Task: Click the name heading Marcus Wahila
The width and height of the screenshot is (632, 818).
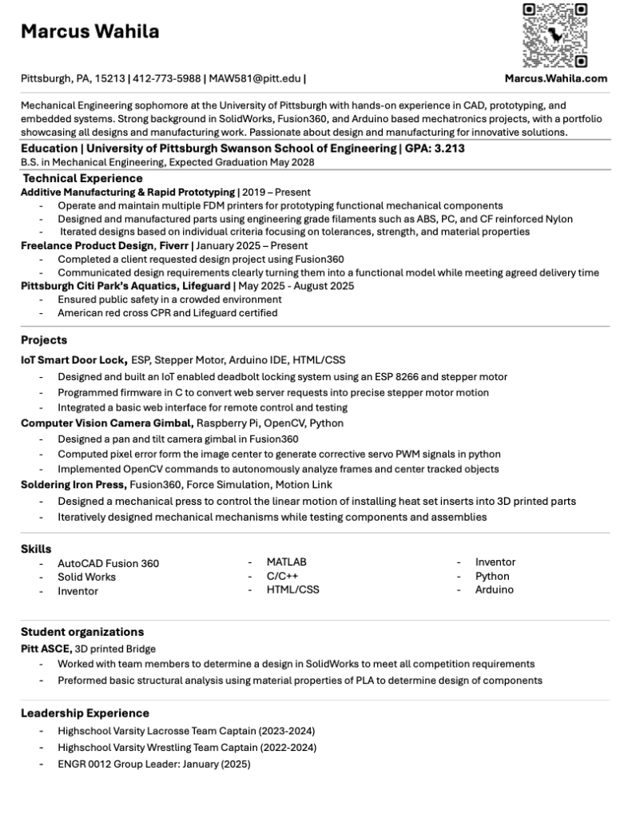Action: point(89,32)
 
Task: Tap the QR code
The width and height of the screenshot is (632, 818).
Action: point(555,36)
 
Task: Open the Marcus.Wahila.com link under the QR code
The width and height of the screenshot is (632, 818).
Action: point(555,78)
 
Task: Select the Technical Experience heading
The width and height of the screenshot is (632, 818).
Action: point(82,178)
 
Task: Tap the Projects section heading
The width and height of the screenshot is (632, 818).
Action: point(44,340)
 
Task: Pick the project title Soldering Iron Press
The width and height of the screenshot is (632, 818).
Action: point(73,485)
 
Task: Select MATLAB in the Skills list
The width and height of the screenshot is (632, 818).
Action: point(286,562)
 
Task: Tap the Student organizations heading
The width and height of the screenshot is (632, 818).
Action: point(82,632)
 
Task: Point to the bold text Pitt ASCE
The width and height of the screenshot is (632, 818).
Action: point(46,649)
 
